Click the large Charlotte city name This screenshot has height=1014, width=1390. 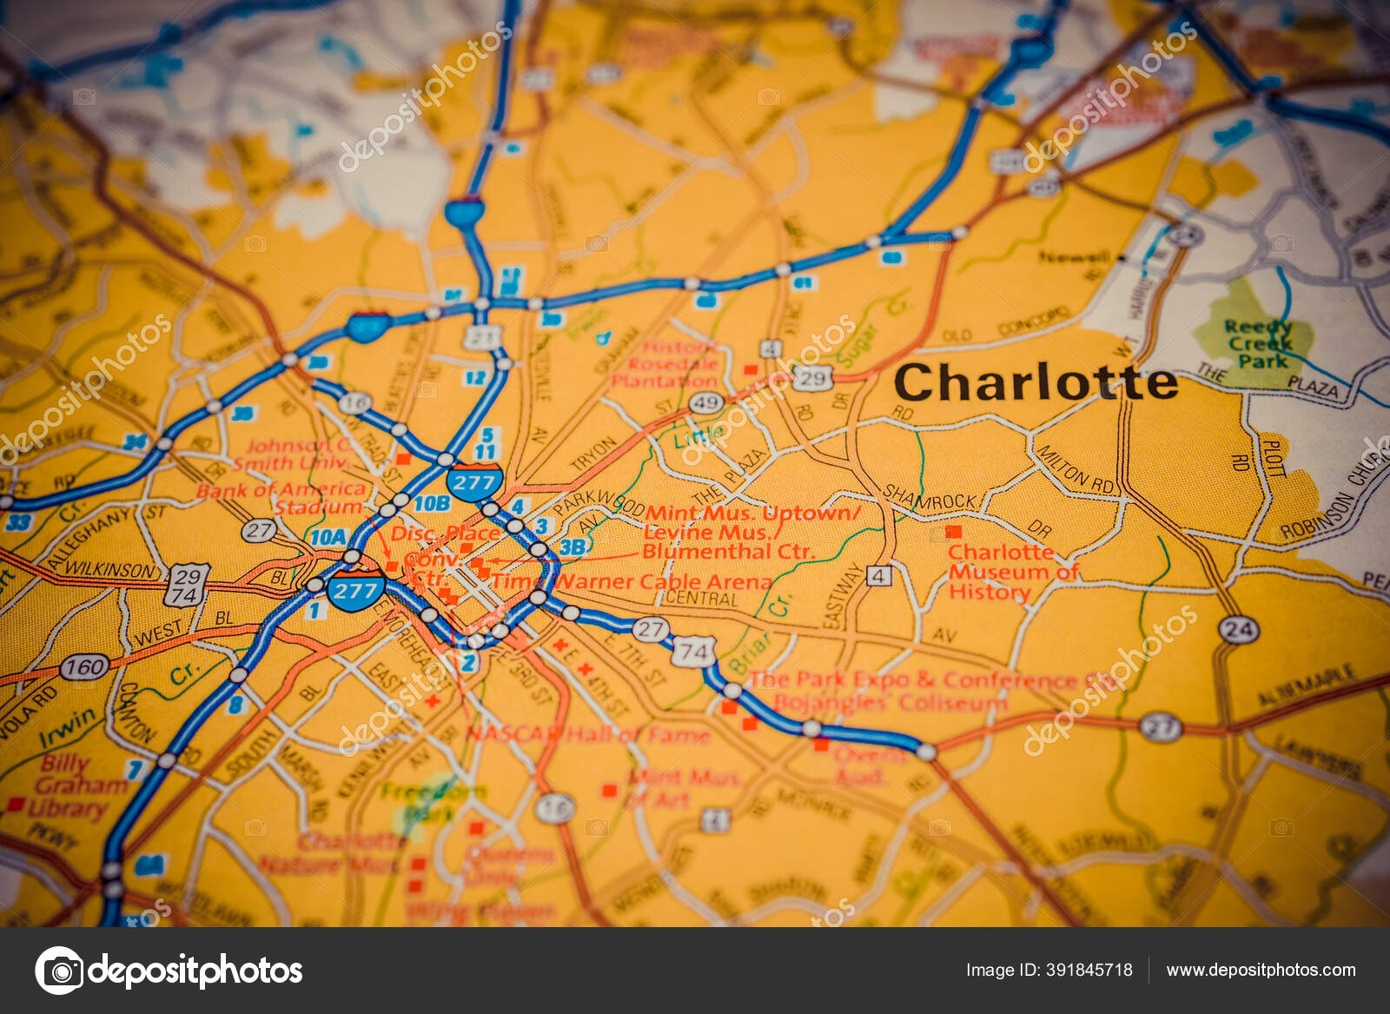(x=1035, y=382)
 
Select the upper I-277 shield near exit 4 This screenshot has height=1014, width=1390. (x=474, y=483)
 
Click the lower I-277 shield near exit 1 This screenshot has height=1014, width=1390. (x=355, y=592)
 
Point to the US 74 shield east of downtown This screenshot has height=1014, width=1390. (x=693, y=652)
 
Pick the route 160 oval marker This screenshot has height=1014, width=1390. (x=84, y=667)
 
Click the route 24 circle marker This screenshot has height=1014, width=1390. (x=1238, y=629)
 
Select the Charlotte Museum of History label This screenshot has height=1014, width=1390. (x=1012, y=572)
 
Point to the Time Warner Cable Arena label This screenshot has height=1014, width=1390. (x=632, y=581)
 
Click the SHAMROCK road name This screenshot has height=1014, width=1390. (x=930, y=499)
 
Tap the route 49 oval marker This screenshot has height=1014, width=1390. (x=706, y=402)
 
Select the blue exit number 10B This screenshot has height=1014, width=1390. (x=431, y=503)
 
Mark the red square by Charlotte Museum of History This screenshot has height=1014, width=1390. (x=953, y=531)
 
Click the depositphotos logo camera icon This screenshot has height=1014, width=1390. (x=59, y=970)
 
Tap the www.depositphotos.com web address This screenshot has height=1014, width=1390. (x=1261, y=970)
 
